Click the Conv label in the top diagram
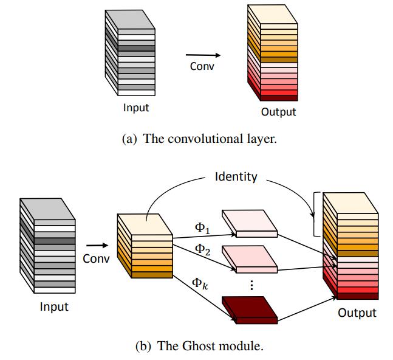point(202,66)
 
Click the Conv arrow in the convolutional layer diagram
point(203,55)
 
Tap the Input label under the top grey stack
point(136,108)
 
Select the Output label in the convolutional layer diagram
point(278,112)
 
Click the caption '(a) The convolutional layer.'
point(199,139)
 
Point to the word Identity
point(236,176)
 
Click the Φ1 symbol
point(202,228)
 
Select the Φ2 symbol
point(202,249)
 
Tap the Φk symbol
point(200,284)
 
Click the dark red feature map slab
point(250,310)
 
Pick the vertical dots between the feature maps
point(251,285)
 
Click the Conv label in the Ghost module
point(96,258)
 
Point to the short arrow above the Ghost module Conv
point(97,245)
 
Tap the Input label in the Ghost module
point(54,306)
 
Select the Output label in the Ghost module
point(357,313)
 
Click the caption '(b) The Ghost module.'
point(199,346)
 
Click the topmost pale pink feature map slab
point(250,224)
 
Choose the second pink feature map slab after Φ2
point(250,259)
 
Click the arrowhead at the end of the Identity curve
point(312,215)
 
